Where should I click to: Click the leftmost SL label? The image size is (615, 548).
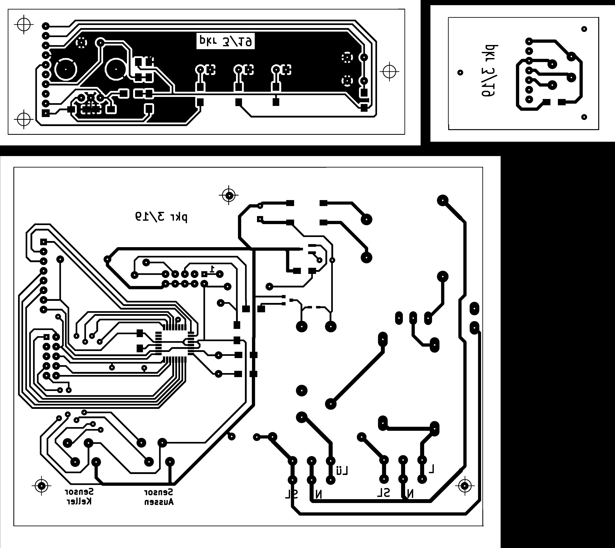(292, 494)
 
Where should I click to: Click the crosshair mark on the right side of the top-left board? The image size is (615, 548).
(389, 72)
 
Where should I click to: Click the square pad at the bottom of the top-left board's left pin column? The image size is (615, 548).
(45, 114)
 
